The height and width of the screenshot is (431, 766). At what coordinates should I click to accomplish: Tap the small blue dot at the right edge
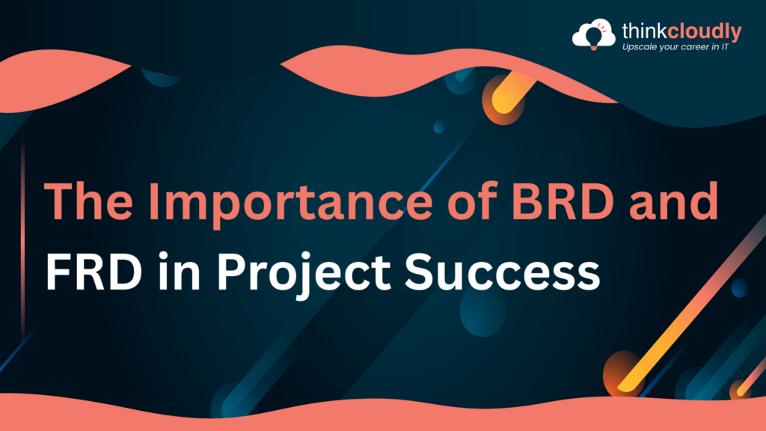(739, 287)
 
